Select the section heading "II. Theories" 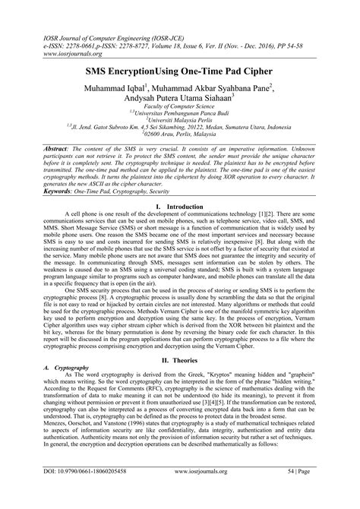[x=180, y=340]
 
